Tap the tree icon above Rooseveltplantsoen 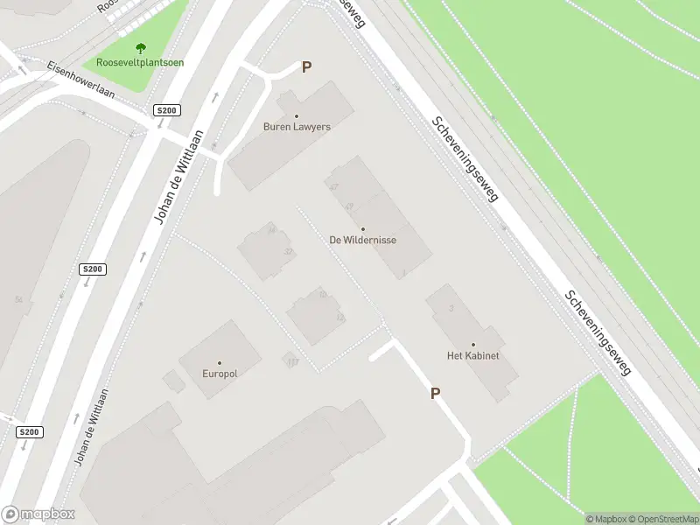click(140, 49)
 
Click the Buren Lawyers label click(297, 127)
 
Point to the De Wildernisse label click(363, 240)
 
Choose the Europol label click(220, 374)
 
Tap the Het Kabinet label click(472, 355)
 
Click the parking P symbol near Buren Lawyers click(306, 66)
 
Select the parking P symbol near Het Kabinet click(435, 394)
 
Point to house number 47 click(333, 187)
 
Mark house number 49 click(349, 206)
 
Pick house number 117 click(292, 361)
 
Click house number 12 click(340, 317)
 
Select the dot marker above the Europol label click(220, 363)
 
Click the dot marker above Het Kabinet click(472, 345)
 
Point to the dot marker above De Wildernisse click(363, 229)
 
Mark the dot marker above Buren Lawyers click(297, 116)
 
